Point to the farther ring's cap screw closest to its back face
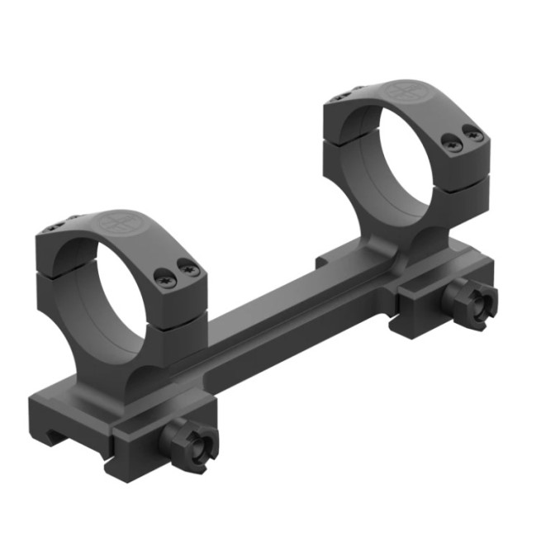click(x=452, y=141)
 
